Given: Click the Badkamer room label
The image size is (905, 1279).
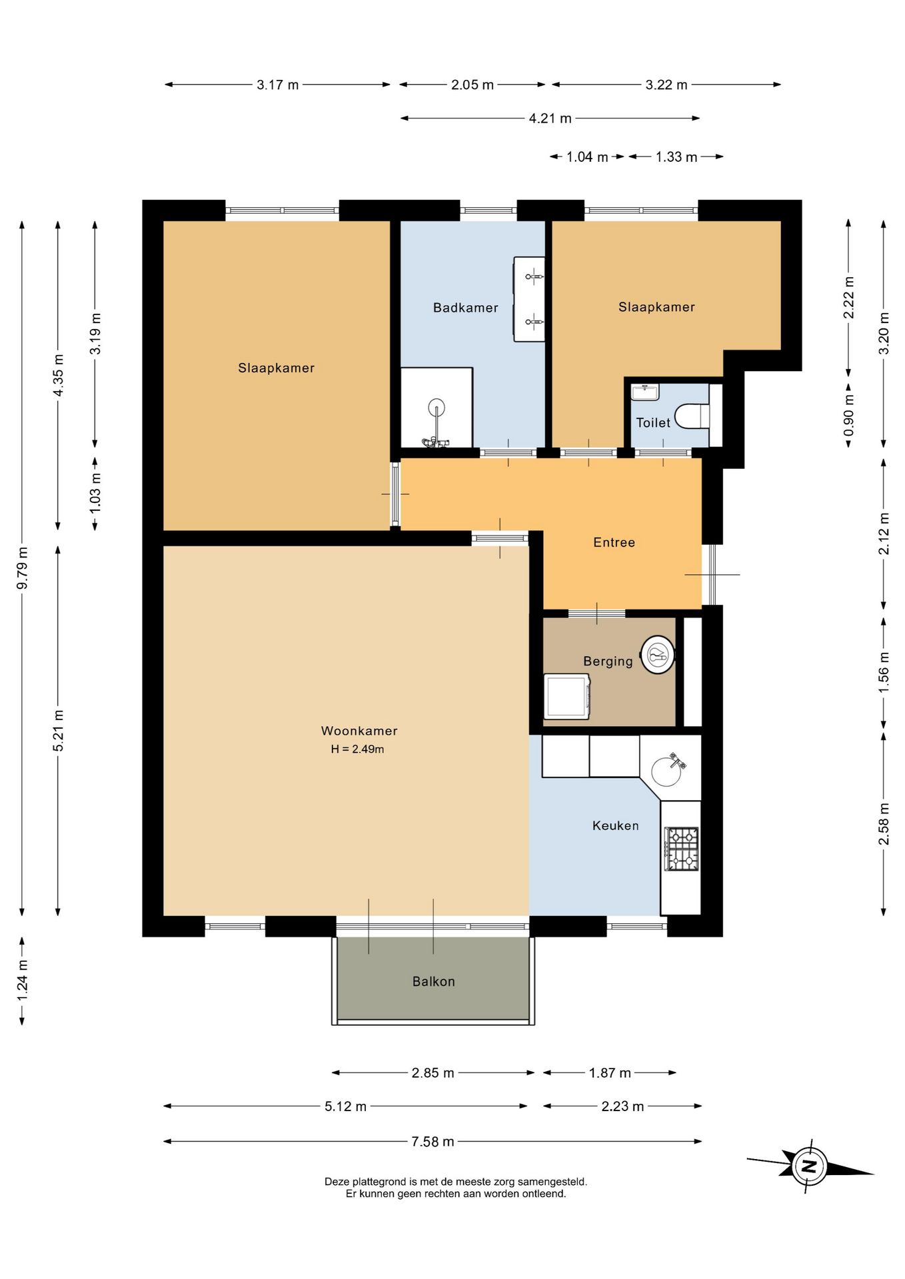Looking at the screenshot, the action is pos(465,308).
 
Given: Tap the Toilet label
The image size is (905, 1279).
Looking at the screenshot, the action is pos(653,423).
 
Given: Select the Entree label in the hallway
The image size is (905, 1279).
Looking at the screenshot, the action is pos(614,542).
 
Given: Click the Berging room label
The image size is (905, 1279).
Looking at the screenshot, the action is pos(608,661).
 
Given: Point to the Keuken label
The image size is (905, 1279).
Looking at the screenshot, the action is pos(615,825).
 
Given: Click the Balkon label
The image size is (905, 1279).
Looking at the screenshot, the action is pos(433,981).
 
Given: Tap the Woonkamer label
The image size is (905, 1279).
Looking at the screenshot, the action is pos(359,731).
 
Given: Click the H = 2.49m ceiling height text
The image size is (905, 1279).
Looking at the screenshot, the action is pos(357,749).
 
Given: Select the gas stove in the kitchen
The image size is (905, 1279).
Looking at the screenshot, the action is pos(681,849).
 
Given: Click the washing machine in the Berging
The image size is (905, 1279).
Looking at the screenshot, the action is pos(567,696).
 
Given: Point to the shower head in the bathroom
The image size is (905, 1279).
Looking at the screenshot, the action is pos(437,406).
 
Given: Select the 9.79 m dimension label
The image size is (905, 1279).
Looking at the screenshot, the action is pos(22,568).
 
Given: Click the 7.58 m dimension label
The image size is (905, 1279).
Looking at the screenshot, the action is pos(433,1142).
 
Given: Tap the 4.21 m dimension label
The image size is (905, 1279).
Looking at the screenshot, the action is pos(550,119).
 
